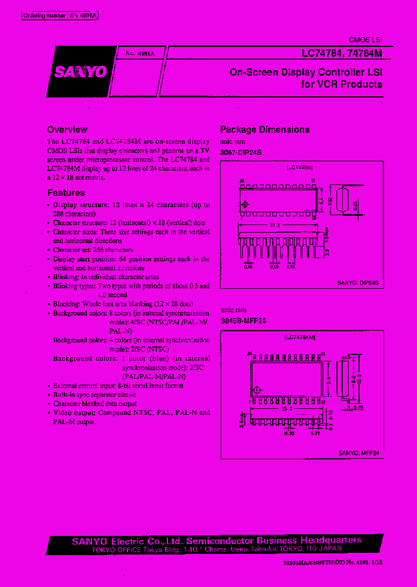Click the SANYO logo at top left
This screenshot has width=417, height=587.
[x=81, y=71]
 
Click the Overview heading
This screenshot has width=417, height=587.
[x=67, y=130]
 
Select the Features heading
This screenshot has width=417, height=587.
[x=66, y=193]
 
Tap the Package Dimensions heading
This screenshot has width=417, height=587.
[x=265, y=130]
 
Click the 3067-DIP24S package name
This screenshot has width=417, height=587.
[x=241, y=151]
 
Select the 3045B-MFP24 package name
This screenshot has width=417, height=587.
[x=243, y=320]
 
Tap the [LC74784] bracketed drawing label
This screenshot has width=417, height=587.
[x=299, y=167]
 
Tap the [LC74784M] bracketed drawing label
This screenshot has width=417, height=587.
[x=300, y=337]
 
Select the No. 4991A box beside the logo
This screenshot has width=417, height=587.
[x=139, y=53]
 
